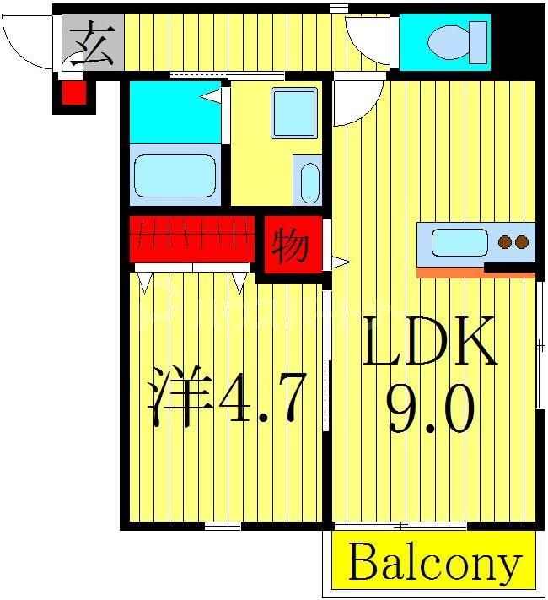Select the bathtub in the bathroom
pos(175,176)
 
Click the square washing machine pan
pos(293,112)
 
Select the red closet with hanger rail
pos(192,237)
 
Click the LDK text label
pos(429,342)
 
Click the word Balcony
pos(433,562)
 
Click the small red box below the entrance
pos(74,92)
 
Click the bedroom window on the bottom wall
pos(223,526)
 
